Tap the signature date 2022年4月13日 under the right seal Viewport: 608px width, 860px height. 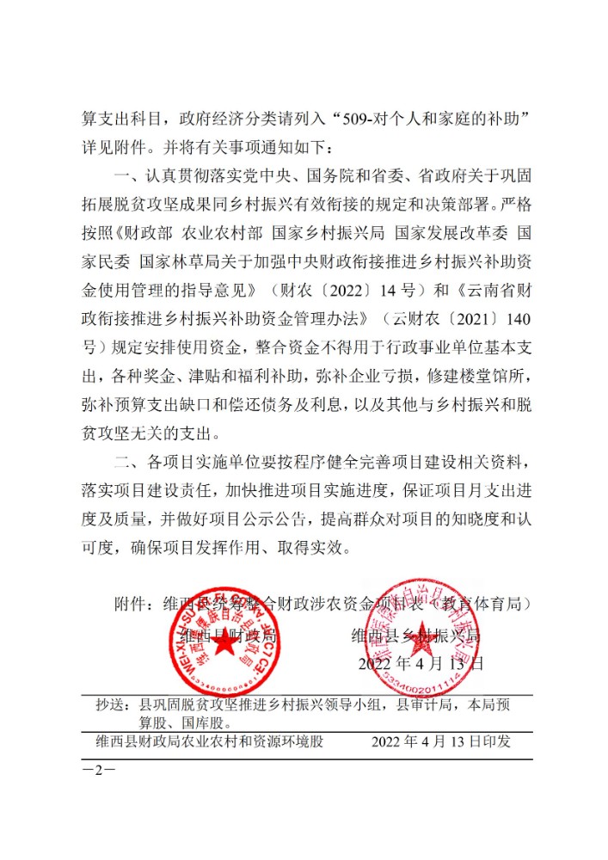(421, 663)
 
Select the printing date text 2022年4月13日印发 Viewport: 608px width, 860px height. (441, 741)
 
